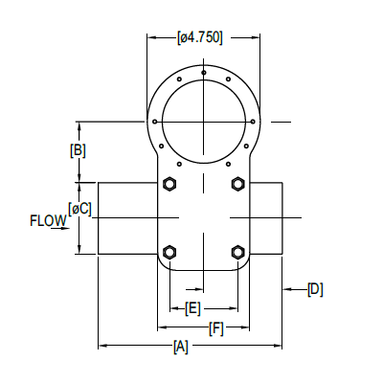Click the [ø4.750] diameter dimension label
(x=201, y=38)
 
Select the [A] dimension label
(x=180, y=348)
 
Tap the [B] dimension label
(x=79, y=150)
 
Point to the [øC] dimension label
(x=80, y=208)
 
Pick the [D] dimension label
(x=315, y=288)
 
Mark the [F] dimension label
(x=217, y=328)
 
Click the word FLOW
(x=47, y=221)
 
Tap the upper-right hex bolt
(x=237, y=183)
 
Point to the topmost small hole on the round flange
(x=203, y=72)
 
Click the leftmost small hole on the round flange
(x=152, y=122)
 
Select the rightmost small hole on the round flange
(x=254, y=122)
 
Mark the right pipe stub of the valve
(x=268, y=218)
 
